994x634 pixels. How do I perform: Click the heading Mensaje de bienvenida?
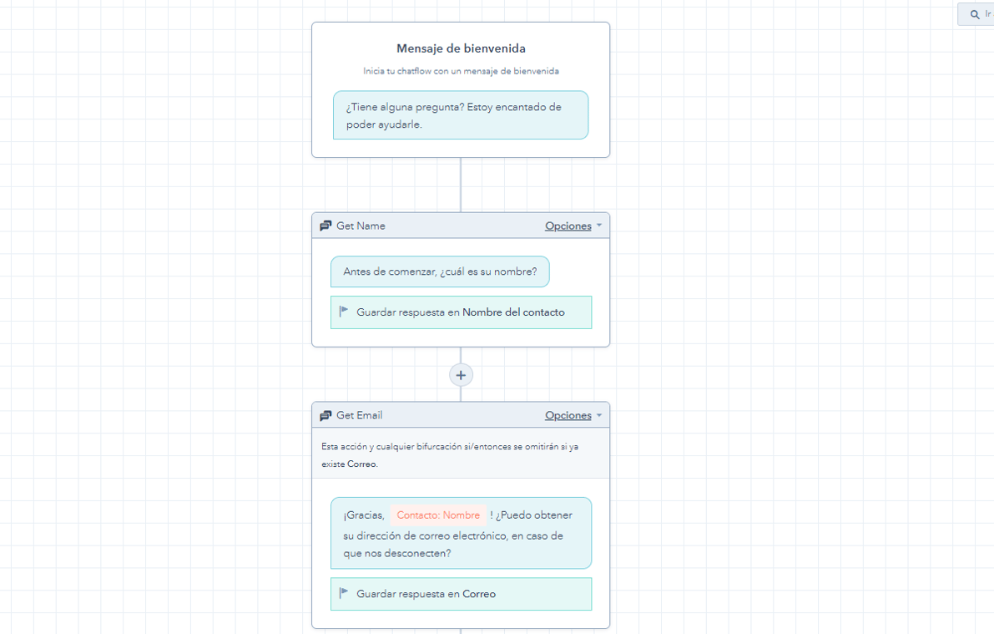pos(461,48)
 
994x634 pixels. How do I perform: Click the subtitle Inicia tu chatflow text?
pos(461,71)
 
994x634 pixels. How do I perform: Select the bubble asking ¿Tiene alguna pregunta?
pos(461,115)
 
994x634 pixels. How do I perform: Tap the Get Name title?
pos(361,226)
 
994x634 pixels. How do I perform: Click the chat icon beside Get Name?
pos(325,226)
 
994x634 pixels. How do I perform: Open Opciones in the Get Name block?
pos(568,226)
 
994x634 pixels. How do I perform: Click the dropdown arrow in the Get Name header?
pos(599,226)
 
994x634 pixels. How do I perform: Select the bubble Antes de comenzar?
pos(440,271)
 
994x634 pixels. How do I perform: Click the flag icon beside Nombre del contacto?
pos(344,312)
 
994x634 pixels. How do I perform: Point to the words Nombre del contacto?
pos(513,312)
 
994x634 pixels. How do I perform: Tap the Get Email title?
pos(359,415)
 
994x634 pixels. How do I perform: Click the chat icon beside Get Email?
pos(325,415)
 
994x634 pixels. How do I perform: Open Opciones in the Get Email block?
pos(568,415)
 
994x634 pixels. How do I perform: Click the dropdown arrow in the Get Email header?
pos(599,415)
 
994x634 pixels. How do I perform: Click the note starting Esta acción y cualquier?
pos(450,454)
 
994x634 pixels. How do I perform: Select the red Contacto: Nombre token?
pos(438,515)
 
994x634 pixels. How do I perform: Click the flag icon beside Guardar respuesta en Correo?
pos(344,593)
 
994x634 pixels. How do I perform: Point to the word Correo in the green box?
pos(479,594)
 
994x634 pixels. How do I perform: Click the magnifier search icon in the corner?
pos(975,14)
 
